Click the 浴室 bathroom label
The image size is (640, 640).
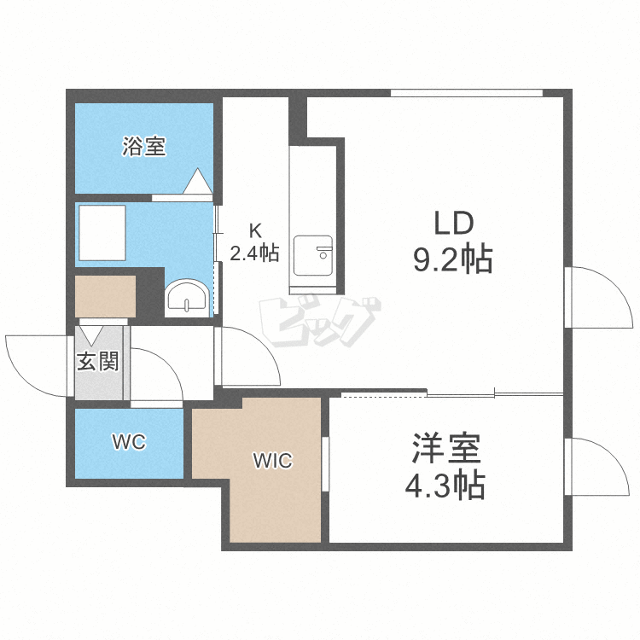144,146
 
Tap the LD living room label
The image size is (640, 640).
453,223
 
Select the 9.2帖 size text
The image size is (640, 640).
453,259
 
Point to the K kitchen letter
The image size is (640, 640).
255,231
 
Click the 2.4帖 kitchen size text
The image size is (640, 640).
254,253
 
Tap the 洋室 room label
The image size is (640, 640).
446,448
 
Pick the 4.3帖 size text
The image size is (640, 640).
445,486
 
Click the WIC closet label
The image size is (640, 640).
273,461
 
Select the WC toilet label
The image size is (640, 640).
130,442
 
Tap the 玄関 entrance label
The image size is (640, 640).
98,361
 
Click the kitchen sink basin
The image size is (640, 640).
313,255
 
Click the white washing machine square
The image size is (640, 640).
102,233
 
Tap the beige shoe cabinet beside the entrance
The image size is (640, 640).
105,296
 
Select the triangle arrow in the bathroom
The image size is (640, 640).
198,181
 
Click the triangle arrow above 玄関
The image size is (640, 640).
91,335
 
